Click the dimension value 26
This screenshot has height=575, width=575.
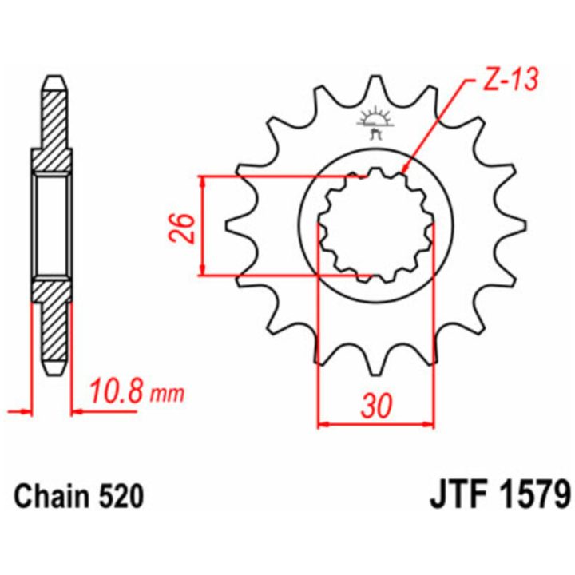click(182, 228)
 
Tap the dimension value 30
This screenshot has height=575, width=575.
click(377, 406)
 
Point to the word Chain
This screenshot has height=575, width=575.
click(51, 496)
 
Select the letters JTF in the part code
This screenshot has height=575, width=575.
click(460, 496)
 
